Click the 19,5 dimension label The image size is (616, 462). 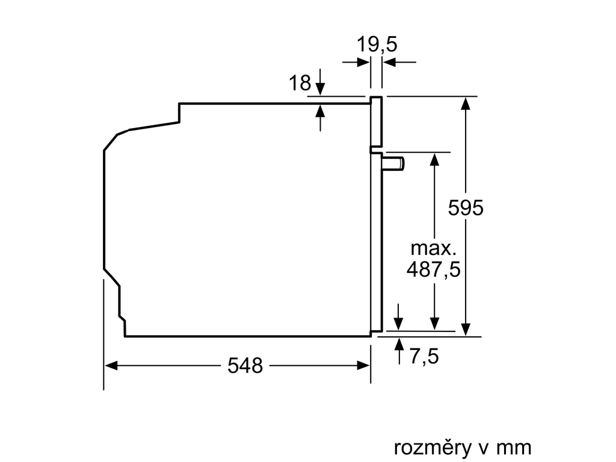(x=377, y=44)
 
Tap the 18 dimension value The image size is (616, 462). (x=300, y=83)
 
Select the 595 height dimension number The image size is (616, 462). (x=466, y=208)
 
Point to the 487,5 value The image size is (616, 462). (x=433, y=270)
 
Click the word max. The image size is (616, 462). (x=433, y=248)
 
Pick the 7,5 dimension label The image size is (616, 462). (x=424, y=356)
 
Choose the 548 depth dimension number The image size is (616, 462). (x=245, y=365)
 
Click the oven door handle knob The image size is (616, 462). (x=393, y=164)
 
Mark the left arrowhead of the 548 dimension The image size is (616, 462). (x=111, y=366)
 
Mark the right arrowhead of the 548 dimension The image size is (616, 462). (x=363, y=366)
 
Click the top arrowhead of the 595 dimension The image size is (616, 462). (x=466, y=103)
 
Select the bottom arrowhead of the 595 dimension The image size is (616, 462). (x=466, y=329)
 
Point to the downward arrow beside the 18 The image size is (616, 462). (x=321, y=82)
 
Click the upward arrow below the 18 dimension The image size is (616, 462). (x=321, y=117)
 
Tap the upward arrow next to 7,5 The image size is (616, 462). (x=399, y=351)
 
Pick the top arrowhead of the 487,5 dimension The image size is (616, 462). (x=434, y=159)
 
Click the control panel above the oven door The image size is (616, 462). (x=376, y=122)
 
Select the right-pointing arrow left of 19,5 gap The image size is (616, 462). (x=356, y=62)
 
